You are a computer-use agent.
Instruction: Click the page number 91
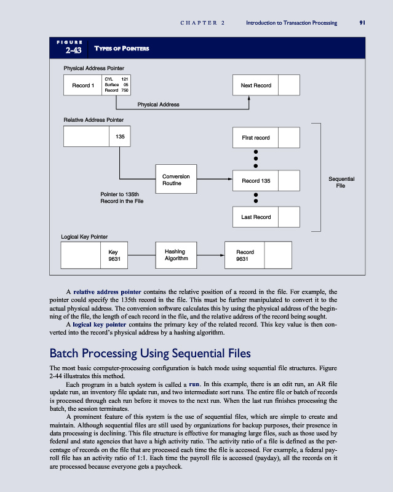(x=363, y=23)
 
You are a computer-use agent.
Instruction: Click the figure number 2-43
(x=66, y=50)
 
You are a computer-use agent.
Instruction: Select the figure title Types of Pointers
(x=121, y=49)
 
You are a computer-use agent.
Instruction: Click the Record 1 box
(x=83, y=85)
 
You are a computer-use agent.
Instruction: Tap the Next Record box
(x=256, y=85)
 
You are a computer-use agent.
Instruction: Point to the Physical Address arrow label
(x=158, y=105)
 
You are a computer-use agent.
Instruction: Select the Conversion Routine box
(x=175, y=180)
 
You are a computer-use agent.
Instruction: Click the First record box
(x=256, y=137)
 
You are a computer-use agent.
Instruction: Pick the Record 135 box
(x=256, y=181)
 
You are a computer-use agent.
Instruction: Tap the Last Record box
(x=256, y=216)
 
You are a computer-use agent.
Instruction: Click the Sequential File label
(x=343, y=183)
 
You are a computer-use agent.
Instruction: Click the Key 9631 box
(x=113, y=255)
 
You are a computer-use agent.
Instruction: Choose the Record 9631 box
(x=245, y=255)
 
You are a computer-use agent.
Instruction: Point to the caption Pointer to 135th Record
(x=122, y=197)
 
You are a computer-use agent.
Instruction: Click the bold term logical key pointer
(x=99, y=323)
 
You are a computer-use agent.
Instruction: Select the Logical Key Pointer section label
(x=85, y=236)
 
